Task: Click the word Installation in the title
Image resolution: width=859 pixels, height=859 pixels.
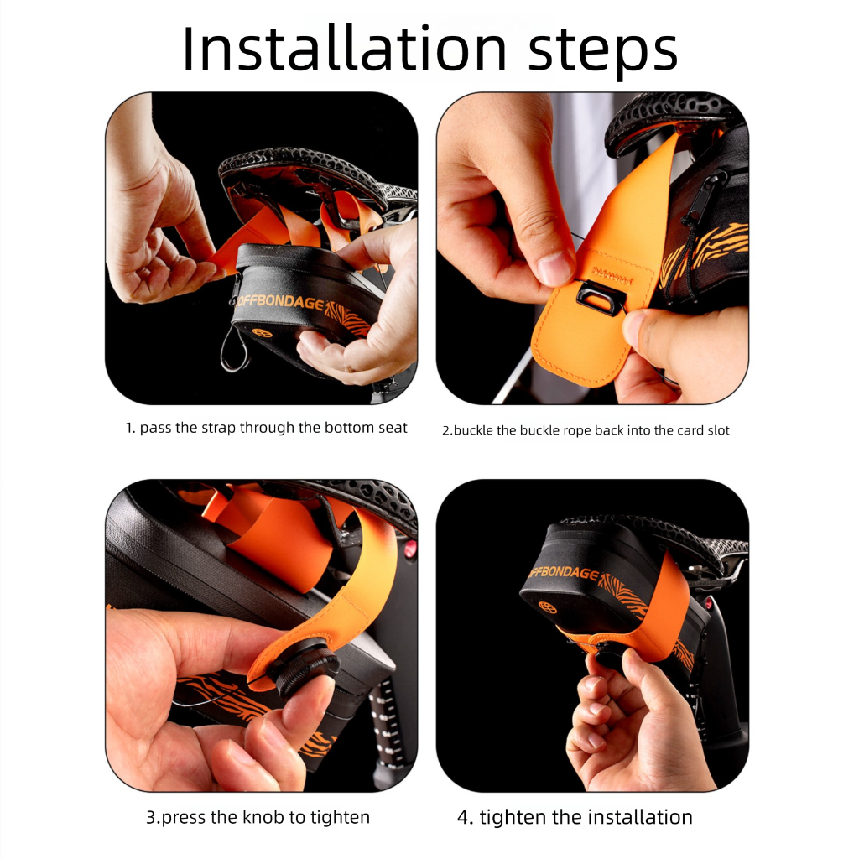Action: [345, 49]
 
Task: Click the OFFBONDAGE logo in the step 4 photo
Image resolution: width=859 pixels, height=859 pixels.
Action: [565, 572]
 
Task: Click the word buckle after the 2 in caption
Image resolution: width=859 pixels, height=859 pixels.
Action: [473, 430]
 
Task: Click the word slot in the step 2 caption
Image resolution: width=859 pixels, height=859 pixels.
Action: [718, 430]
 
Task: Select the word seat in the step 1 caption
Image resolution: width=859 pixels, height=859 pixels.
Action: [393, 428]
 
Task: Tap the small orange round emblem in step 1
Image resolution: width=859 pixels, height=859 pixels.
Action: [262, 332]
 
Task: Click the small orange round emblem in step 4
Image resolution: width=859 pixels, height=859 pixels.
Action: [548, 607]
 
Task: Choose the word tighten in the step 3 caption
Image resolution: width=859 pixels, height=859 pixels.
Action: [340, 817]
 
